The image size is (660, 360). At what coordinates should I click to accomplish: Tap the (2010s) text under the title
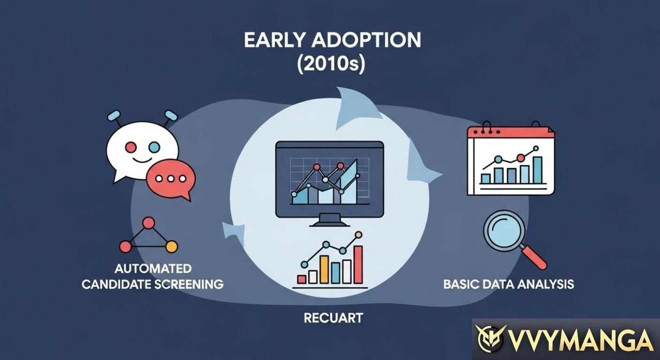coord(331,64)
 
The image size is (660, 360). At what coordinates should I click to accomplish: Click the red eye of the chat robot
coord(131,147)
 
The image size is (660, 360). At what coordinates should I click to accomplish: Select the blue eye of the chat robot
coord(154,147)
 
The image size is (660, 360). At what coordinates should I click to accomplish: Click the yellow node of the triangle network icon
coord(172,246)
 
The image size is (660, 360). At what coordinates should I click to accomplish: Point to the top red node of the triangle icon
coord(149,223)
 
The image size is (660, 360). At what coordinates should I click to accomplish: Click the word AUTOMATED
coord(153,269)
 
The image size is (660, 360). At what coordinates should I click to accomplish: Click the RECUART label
coord(333,318)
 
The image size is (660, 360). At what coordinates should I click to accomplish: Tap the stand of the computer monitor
coord(329,221)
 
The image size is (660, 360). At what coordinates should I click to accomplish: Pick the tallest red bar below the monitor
coord(358,264)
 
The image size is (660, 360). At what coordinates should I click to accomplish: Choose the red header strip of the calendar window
coord(511,132)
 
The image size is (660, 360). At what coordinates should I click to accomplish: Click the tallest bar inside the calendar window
coord(537,170)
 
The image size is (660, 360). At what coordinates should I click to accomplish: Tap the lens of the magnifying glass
coord(503,228)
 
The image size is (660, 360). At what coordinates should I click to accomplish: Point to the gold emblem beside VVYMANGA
coord(490,338)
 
